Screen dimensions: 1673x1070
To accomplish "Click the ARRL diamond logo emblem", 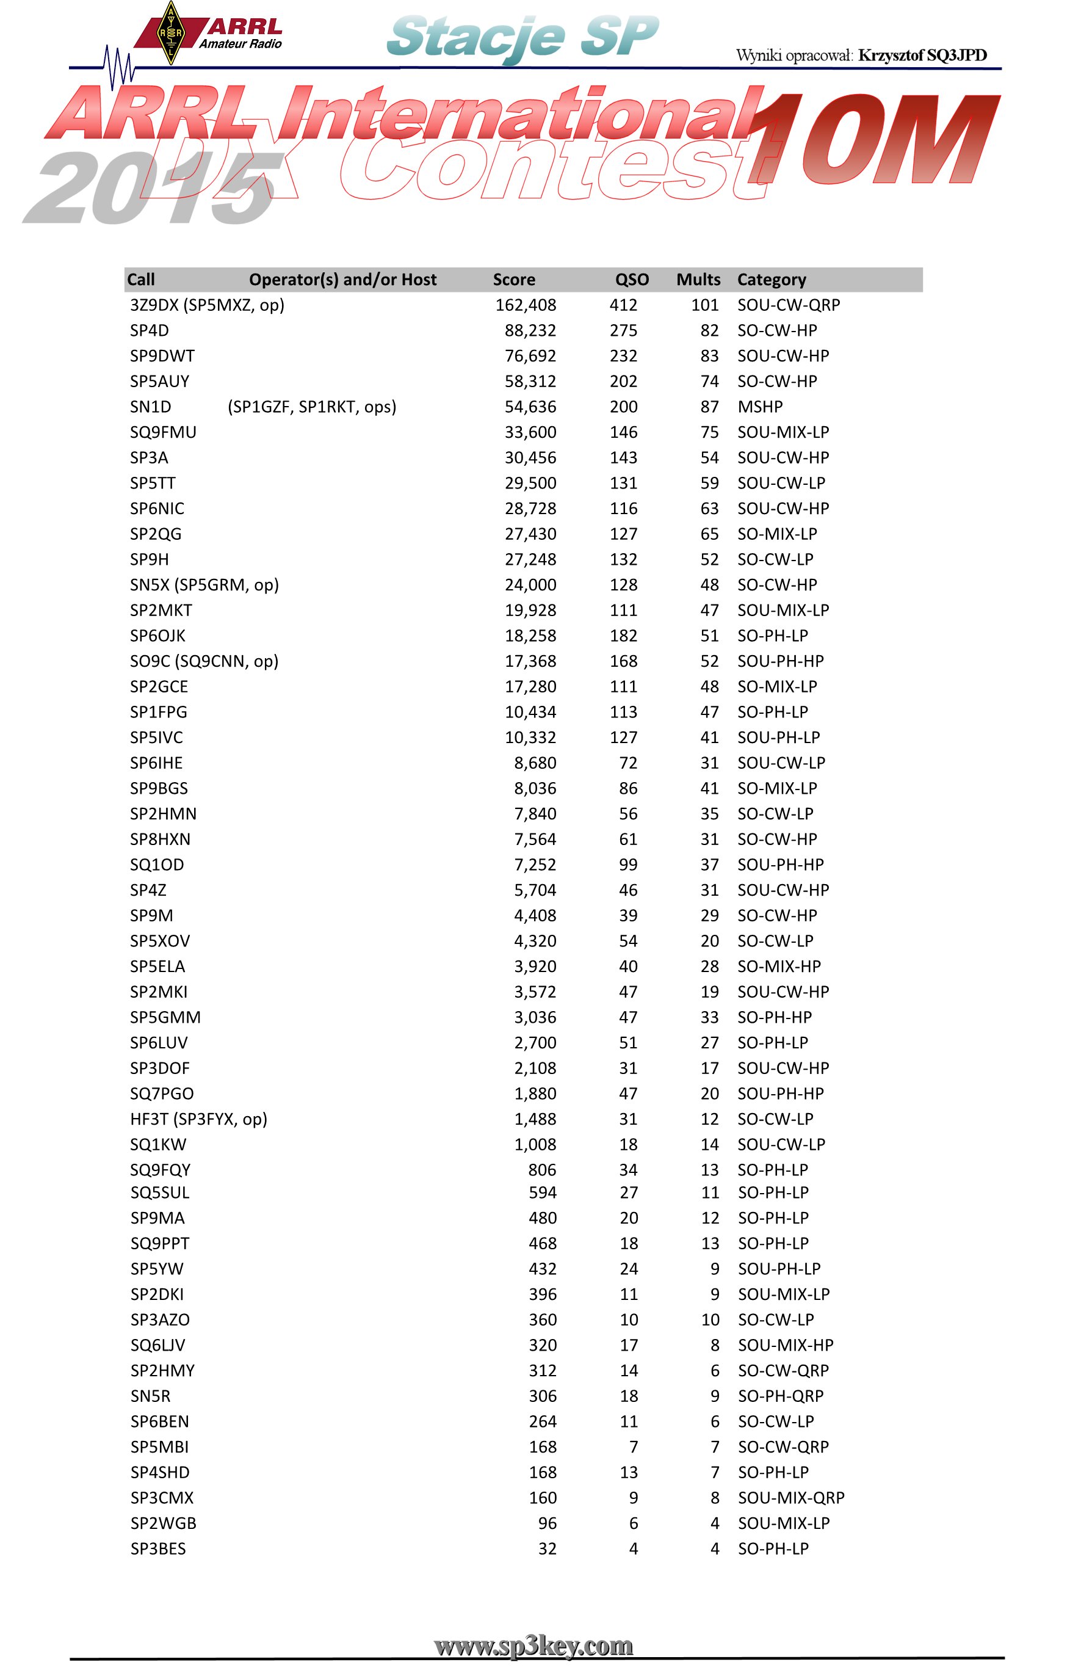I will pyautogui.click(x=170, y=34).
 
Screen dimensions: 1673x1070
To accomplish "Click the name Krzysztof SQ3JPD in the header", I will pyautogui.click(x=922, y=55).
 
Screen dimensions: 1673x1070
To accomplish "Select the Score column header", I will pyautogui.click(x=513, y=280).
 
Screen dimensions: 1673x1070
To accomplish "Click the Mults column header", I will pyautogui.click(x=698, y=280).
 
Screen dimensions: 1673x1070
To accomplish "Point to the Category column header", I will pyautogui.click(x=772, y=280).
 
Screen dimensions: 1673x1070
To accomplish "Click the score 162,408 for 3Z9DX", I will pyautogui.click(x=526, y=305).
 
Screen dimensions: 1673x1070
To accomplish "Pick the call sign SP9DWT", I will pyautogui.click(x=162, y=356).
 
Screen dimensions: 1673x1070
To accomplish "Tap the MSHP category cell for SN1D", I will pyautogui.click(x=759, y=407).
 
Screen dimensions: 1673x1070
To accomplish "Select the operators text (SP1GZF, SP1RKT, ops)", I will pyautogui.click(x=312, y=407).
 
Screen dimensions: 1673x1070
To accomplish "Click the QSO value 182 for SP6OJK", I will pyautogui.click(x=623, y=635).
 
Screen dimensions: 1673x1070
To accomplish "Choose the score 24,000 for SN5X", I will pyautogui.click(x=530, y=584).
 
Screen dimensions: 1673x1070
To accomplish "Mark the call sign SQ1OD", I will pyautogui.click(x=157, y=865).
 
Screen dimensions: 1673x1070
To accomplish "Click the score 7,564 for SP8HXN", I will pyautogui.click(x=535, y=839).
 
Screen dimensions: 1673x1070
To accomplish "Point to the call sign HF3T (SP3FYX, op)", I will pyautogui.click(x=198, y=1119).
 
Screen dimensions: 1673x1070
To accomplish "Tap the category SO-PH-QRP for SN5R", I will pyautogui.click(x=780, y=1396).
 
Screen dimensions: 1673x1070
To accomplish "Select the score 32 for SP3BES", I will pyautogui.click(x=547, y=1548).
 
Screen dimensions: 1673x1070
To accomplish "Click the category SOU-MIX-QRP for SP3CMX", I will pyautogui.click(x=790, y=1498).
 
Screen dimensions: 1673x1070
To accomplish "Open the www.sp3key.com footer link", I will pyautogui.click(x=533, y=1646).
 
